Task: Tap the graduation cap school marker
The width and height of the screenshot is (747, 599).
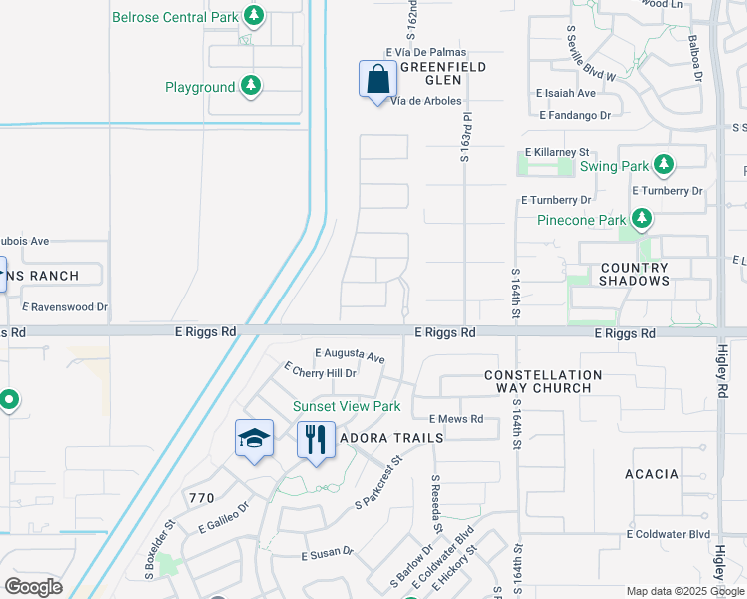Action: pyautogui.click(x=254, y=438)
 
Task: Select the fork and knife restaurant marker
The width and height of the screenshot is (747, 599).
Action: pyautogui.click(x=316, y=438)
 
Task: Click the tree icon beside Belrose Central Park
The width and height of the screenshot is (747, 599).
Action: pyautogui.click(x=254, y=16)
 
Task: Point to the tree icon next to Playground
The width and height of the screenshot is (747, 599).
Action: pyautogui.click(x=251, y=87)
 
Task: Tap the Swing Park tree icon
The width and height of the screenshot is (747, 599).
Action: pyautogui.click(x=663, y=166)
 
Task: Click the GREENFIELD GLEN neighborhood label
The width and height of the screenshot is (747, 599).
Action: pyautogui.click(x=442, y=74)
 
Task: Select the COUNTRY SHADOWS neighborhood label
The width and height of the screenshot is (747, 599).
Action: pyautogui.click(x=634, y=275)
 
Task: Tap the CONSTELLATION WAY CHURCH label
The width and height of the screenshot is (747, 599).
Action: pyautogui.click(x=542, y=381)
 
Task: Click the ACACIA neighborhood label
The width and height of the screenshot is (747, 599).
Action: pyautogui.click(x=653, y=474)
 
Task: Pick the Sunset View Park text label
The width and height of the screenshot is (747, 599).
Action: pyautogui.click(x=346, y=406)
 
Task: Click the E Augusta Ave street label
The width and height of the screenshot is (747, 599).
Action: pyautogui.click(x=350, y=354)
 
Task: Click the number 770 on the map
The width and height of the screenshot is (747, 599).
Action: pyautogui.click(x=201, y=496)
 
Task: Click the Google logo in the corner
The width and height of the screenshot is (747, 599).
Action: pyautogui.click(x=33, y=587)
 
